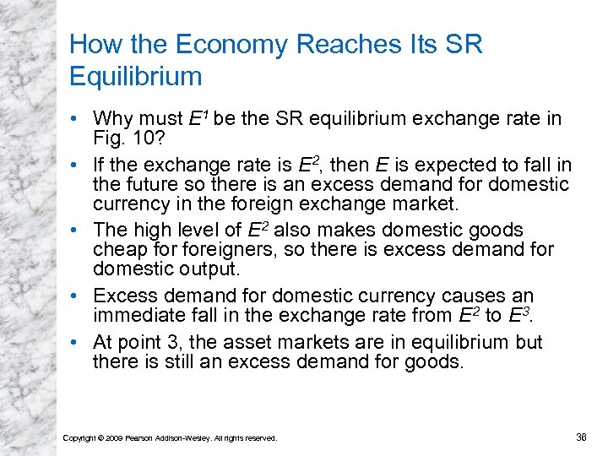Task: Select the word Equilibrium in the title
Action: click(136, 77)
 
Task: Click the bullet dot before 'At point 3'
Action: click(79, 343)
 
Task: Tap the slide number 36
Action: click(581, 437)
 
